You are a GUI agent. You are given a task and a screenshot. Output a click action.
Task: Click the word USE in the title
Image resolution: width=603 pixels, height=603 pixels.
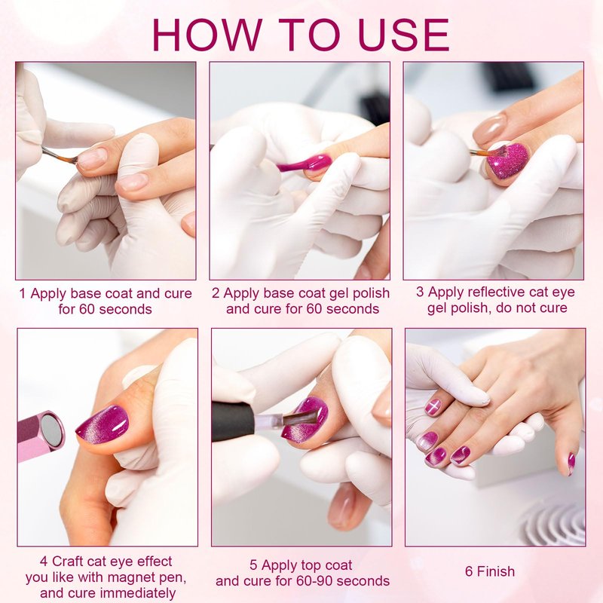tap(403, 35)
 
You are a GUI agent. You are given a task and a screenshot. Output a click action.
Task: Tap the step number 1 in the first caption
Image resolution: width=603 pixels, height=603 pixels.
tap(23, 294)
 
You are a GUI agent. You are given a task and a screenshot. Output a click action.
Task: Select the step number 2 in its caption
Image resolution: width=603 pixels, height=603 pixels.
tap(216, 293)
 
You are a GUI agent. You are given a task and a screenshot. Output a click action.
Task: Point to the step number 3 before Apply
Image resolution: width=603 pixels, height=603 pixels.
tap(420, 292)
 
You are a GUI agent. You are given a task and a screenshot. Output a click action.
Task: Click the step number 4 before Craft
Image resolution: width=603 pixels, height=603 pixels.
tap(44, 562)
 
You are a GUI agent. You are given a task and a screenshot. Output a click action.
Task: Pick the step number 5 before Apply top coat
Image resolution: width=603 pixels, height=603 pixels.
tap(253, 565)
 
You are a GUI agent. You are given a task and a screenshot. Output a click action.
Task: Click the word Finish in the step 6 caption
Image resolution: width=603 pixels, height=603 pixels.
tap(496, 571)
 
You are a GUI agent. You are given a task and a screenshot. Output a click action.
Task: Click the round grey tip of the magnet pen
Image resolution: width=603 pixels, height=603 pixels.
tap(52, 430)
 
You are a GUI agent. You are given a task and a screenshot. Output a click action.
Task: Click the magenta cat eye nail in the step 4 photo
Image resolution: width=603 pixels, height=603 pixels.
tap(103, 424)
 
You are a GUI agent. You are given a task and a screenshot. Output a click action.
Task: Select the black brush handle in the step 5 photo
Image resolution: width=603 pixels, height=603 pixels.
tap(233, 422)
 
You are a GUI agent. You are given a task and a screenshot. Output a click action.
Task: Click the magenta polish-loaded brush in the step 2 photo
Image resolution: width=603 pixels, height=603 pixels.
tap(305, 163)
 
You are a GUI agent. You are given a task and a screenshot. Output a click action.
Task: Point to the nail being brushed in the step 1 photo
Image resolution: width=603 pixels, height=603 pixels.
tap(91, 159)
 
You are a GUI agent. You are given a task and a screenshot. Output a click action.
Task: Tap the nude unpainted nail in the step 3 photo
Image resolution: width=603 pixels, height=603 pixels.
tap(489, 129)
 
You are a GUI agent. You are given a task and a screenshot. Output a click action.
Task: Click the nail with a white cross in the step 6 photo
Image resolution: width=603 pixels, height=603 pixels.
tap(433, 407)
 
